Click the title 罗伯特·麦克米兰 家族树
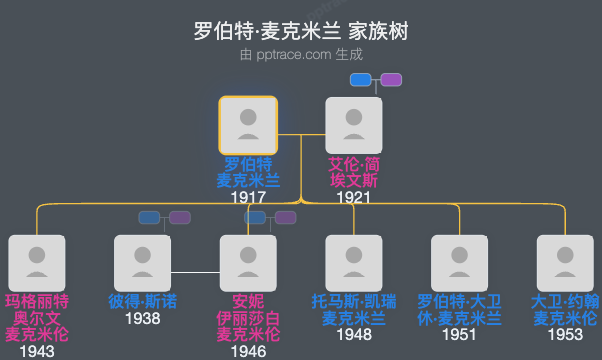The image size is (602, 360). (301, 31)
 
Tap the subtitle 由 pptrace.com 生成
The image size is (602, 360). (301, 56)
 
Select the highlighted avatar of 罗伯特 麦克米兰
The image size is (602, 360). (248, 125)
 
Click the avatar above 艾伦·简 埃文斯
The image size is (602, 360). (354, 125)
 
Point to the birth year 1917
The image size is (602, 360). (247, 198)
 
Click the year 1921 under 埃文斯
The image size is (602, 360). (354, 198)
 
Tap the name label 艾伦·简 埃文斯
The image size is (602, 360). (354, 173)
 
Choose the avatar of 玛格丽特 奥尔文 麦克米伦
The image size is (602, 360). (37, 263)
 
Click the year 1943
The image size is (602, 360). (37, 351)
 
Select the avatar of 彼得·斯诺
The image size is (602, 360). (143, 263)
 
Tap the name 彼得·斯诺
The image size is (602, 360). (143, 301)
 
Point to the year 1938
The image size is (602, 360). (143, 319)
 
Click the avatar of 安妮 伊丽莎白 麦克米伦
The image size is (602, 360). (248, 263)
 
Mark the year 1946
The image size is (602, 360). (248, 351)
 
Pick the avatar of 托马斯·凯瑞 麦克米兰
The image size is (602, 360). (354, 263)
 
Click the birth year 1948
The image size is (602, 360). (354, 335)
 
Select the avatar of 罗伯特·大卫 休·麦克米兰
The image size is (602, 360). (460, 263)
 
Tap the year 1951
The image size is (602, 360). (460, 335)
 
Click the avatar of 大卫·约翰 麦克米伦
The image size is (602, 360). (565, 263)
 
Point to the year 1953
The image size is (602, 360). (565, 335)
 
